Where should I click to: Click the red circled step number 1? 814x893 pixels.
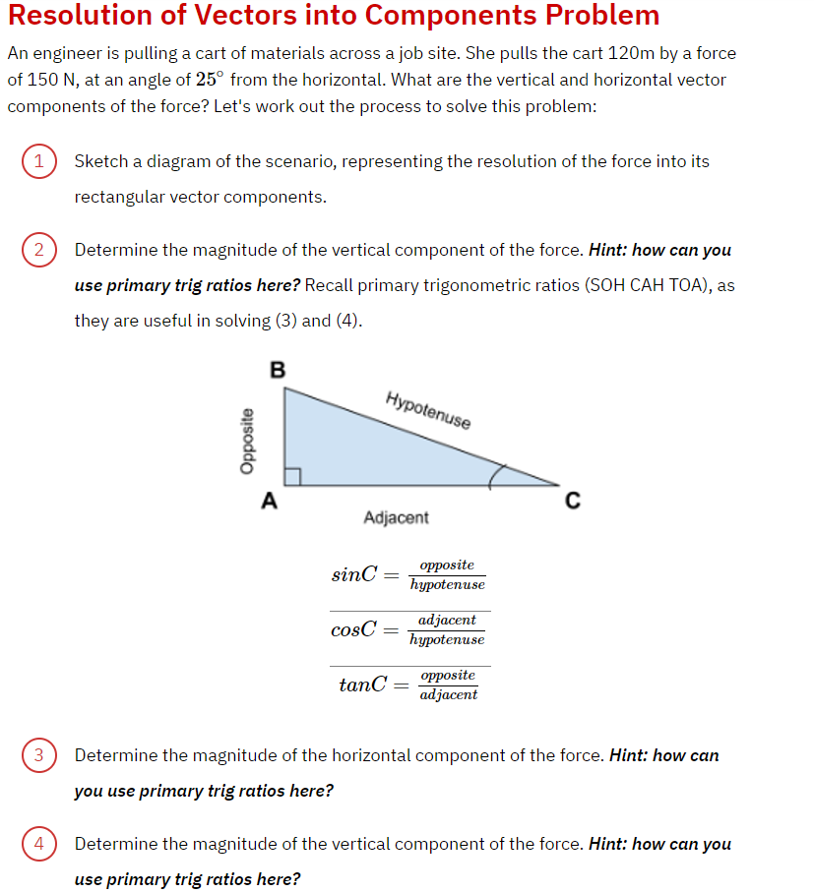pos(38,161)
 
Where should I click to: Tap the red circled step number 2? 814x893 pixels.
pos(38,250)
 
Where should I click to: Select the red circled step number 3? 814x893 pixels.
pos(38,755)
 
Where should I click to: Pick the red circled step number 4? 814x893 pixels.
pos(38,844)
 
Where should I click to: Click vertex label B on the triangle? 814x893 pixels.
pos(277,370)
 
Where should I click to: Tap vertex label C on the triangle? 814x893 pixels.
pos(572,502)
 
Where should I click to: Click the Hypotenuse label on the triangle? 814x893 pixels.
pos(428,410)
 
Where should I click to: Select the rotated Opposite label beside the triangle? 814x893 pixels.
pos(247,442)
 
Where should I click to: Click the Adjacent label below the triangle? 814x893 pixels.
pos(396,517)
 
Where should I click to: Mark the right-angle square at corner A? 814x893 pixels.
pos(292,478)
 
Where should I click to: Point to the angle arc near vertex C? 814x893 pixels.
pos(499,476)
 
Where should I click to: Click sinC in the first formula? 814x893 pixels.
pos(354,574)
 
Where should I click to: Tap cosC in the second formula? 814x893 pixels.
pos(354,629)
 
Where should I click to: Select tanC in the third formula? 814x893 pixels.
pos(361,685)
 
